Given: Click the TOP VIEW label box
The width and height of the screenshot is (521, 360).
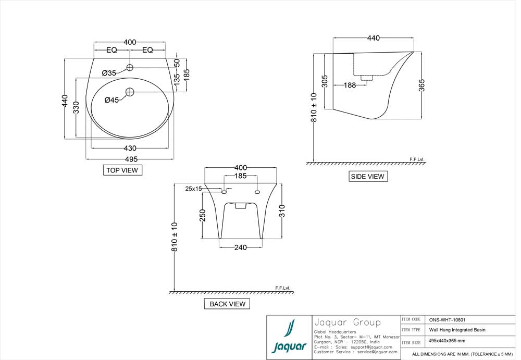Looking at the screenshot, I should tap(122, 170).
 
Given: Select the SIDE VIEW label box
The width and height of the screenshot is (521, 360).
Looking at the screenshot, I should tap(368, 177).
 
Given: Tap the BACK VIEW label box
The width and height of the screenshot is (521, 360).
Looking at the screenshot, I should tap(227, 304).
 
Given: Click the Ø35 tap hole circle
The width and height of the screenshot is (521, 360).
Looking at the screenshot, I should tap(130, 67).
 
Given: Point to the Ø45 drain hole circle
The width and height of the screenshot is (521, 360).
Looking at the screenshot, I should tap(130, 92).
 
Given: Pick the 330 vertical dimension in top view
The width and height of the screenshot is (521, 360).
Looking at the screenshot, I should tap(76, 108).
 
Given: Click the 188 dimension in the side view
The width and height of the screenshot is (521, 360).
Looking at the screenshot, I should tap(350, 85).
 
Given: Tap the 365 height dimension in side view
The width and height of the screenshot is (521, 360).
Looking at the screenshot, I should tap(421, 85).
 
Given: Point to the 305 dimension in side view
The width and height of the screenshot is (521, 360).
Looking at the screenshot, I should tap(325, 81).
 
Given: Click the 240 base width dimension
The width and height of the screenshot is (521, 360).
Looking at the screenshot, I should tap(240, 247).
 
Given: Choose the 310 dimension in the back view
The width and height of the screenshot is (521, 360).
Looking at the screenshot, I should tap(282, 210).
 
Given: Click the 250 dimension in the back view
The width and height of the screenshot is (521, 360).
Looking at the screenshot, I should tap(203, 215).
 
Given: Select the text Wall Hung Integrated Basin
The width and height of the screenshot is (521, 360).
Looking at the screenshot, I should tap(457, 330).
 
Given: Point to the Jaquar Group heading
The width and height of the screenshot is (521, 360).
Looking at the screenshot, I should tap(348, 322).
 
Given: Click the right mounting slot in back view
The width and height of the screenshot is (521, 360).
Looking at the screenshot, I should tap(257, 192).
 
